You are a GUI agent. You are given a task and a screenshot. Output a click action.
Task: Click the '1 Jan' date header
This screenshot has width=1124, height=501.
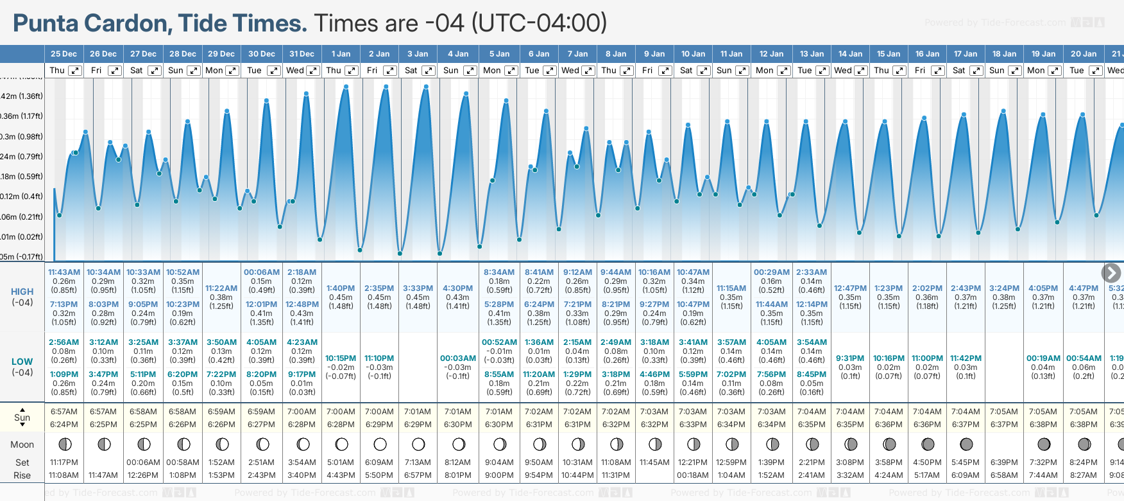pyautogui.click(x=341, y=54)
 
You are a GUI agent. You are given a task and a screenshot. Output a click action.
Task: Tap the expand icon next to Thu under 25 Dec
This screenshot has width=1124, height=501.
pyautogui.click(x=75, y=71)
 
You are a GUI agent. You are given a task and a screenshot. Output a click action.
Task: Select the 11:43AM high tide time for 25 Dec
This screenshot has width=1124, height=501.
pyautogui.click(x=64, y=272)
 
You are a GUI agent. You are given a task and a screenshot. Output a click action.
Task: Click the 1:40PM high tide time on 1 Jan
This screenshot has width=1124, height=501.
pyautogui.click(x=341, y=288)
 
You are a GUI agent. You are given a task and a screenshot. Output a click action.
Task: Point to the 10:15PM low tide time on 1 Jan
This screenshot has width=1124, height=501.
pyautogui.click(x=341, y=358)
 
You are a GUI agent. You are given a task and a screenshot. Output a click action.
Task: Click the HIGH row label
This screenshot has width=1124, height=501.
pyautogui.click(x=22, y=292)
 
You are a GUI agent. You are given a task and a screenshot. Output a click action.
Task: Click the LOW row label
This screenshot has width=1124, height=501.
pyautogui.click(x=22, y=362)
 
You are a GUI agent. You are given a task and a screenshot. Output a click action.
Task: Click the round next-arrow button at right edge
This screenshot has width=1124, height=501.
pyautogui.click(x=1111, y=273)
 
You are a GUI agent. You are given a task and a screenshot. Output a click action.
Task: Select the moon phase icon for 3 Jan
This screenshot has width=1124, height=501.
pyautogui.click(x=418, y=444)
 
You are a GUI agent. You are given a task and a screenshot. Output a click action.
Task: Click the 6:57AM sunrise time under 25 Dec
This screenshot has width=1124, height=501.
pyautogui.click(x=64, y=412)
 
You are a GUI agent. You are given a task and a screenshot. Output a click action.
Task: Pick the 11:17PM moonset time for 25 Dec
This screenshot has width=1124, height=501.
pyautogui.click(x=64, y=462)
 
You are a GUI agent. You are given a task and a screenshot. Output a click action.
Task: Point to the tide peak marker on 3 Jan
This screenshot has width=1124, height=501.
pyautogui.click(x=425, y=87)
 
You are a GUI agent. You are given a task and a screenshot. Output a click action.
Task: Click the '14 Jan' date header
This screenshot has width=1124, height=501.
pyautogui.click(x=850, y=54)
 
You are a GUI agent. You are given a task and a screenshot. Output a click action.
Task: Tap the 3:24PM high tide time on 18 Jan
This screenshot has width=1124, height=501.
pyautogui.click(x=1004, y=288)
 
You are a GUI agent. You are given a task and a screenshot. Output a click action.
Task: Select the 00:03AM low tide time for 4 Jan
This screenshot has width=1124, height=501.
pyautogui.click(x=458, y=358)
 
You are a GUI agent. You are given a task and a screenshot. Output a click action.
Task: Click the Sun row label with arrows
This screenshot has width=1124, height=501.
pyautogui.click(x=22, y=418)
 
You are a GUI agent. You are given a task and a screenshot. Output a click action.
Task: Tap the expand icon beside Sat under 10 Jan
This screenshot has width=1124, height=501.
pyautogui.click(x=704, y=71)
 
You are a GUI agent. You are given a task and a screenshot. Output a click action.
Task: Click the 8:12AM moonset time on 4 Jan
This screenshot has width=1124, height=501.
pyautogui.click(x=458, y=462)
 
